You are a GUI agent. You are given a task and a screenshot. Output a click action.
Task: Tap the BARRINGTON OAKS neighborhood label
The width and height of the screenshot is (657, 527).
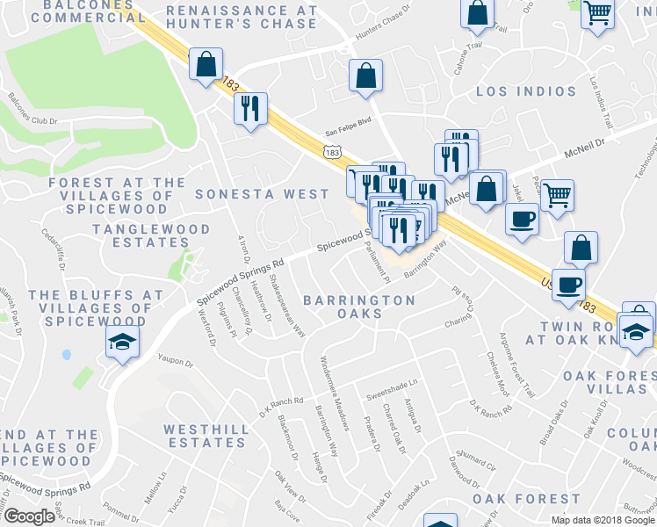[359, 308]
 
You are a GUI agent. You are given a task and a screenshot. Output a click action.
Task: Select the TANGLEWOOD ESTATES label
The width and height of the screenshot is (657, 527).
[152, 237]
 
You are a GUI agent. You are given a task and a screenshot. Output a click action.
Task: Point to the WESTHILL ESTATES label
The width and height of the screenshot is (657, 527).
[211, 437]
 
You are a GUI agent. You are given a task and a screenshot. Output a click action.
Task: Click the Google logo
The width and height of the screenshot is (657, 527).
[28, 516]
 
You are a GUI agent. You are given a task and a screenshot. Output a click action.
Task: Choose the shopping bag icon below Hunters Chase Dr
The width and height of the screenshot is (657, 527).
[365, 76]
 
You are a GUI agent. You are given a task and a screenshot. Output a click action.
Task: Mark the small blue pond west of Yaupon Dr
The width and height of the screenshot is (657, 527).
[67, 356]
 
